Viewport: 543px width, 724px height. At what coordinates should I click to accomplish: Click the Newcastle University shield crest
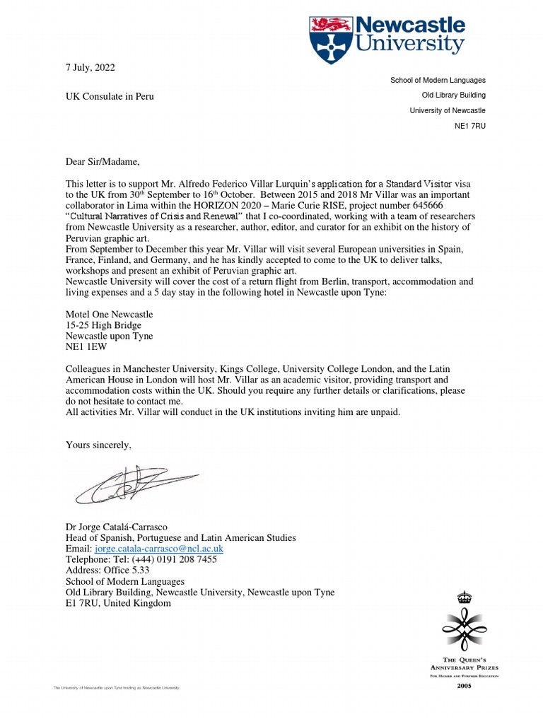click(329, 38)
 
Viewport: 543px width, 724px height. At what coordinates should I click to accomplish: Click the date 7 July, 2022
click(90, 67)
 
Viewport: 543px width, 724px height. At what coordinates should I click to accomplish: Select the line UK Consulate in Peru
click(110, 96)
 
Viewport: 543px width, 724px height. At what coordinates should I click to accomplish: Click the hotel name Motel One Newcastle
click(109, 314)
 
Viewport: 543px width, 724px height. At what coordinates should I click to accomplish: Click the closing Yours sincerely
click(98, 445)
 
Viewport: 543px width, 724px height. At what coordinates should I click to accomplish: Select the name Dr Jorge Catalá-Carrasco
click(122, 527)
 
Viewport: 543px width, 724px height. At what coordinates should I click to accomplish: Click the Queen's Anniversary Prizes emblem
click(464, 622)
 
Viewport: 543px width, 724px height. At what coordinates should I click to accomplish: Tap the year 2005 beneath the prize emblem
click(464, 685)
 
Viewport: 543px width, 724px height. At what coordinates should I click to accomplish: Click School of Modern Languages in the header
click(438, 81)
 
